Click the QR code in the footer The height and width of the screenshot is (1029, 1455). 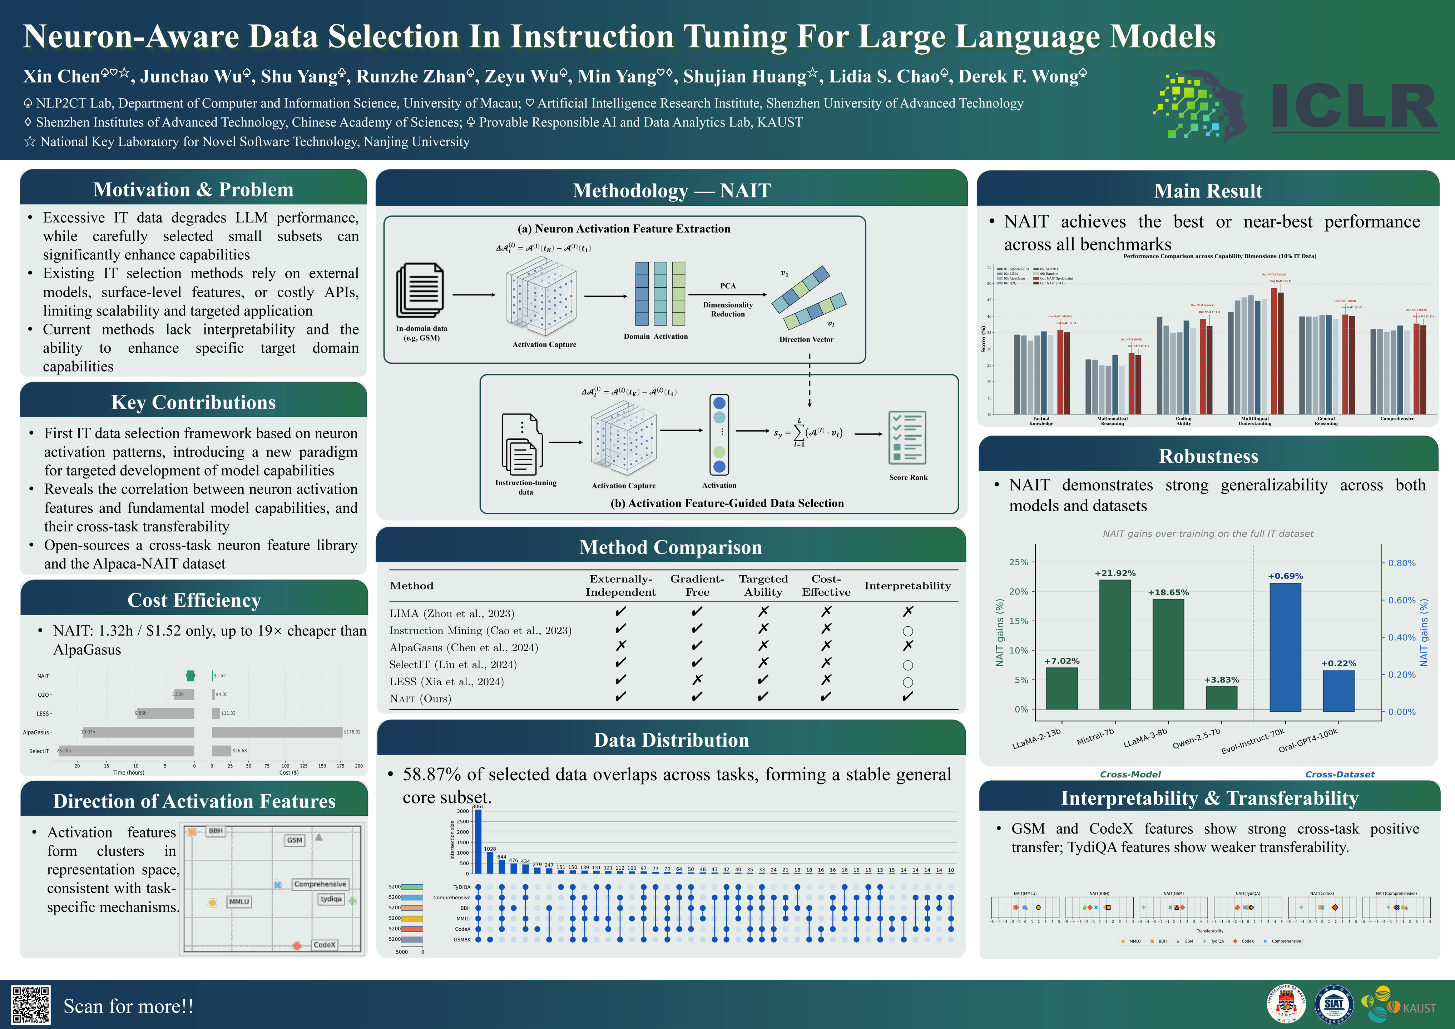[31, 1005]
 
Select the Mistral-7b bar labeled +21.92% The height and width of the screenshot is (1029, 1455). [1115, 645]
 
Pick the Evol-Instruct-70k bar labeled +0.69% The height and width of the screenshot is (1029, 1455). [1285, 647]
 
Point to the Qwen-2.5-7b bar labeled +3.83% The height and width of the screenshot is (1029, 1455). [1221, 698]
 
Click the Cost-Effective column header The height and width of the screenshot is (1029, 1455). [826, 586]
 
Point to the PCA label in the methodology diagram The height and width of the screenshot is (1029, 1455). [728, 286]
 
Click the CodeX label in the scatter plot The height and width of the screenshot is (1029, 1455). [325, 945]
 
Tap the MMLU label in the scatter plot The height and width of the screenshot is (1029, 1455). [239, 902]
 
